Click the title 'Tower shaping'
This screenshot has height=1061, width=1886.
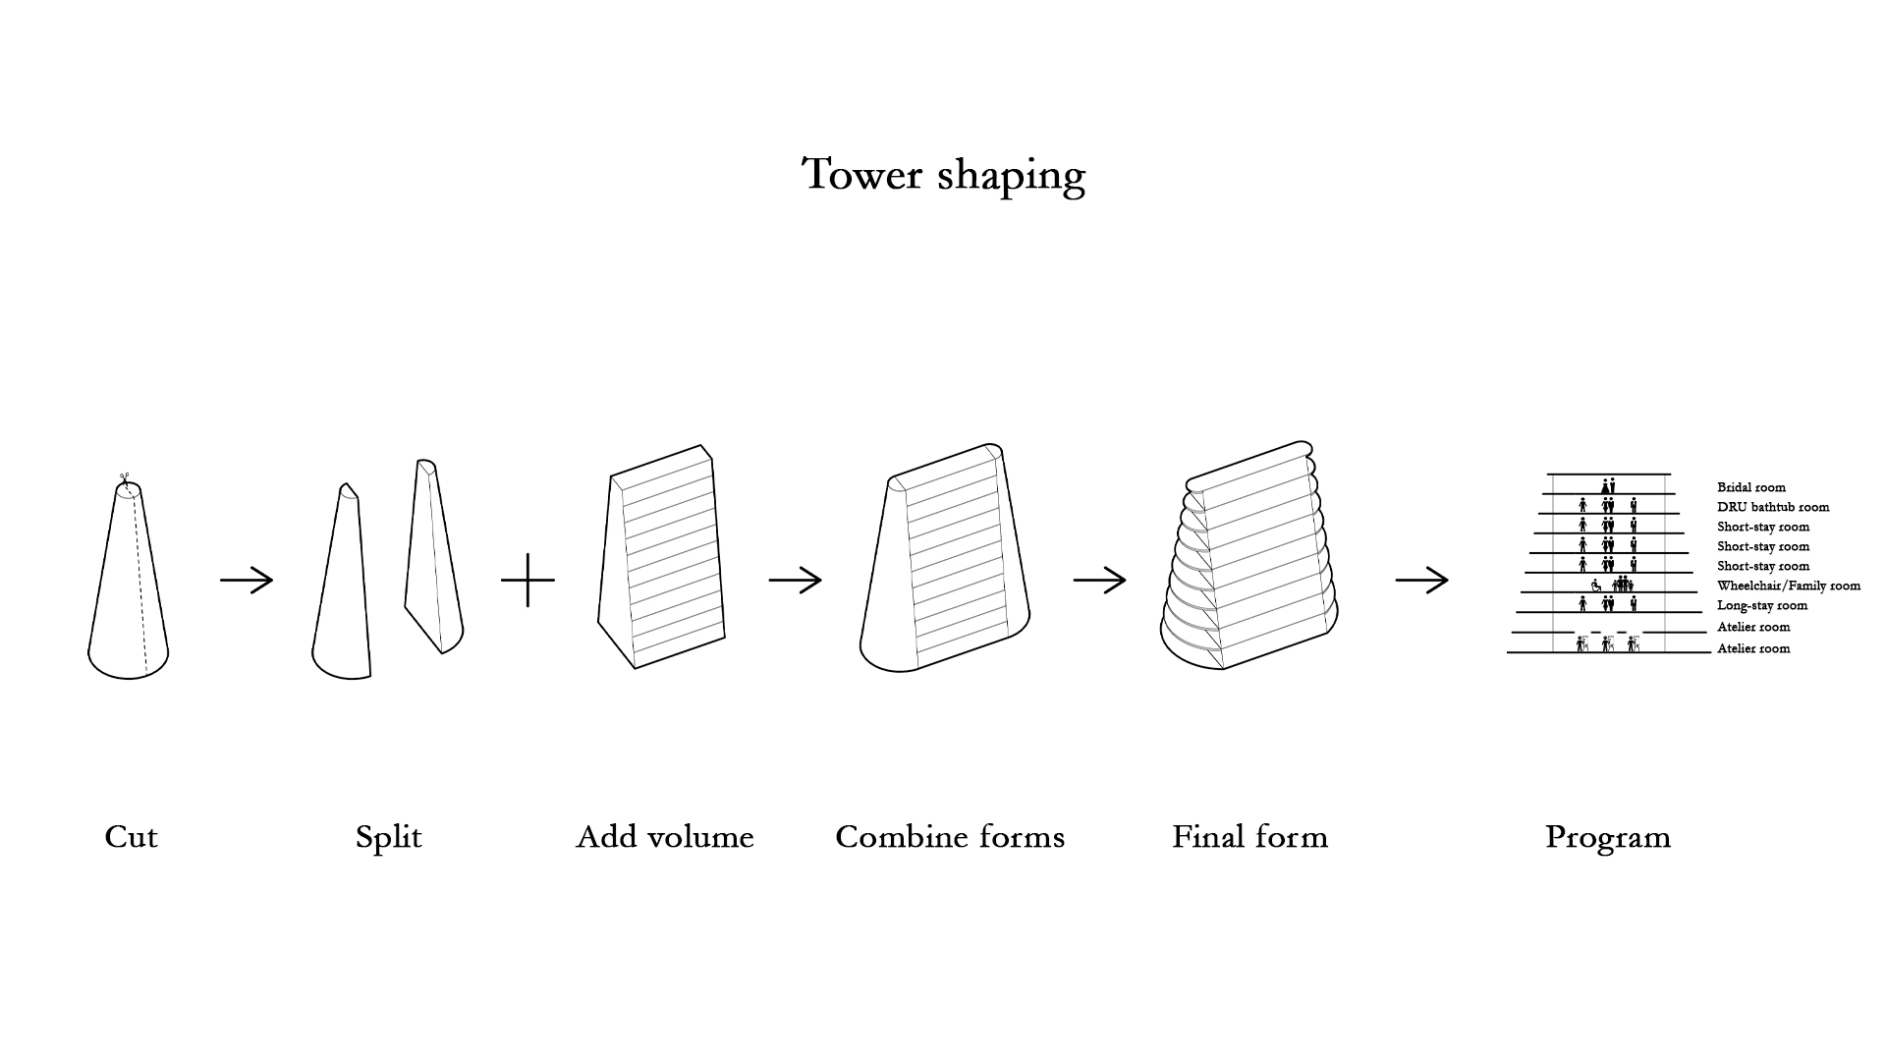(943, 175)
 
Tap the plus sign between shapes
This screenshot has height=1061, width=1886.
(527, 580)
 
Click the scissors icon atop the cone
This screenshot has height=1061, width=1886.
(125, 479)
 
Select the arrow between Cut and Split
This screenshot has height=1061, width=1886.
(247, 581)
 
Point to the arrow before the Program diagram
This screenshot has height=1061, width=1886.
(1421, 581)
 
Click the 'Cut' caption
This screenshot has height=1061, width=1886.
(131, 837)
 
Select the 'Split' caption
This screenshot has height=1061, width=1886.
(388, 837)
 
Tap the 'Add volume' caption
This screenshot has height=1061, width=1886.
(665, 837)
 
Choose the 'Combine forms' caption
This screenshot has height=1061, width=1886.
(950, 837)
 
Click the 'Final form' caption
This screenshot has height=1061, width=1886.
(1249, 837)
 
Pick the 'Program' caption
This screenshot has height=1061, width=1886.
(1607, 837)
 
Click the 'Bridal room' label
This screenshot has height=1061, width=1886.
(1751, 487)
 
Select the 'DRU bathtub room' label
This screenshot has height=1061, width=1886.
(1773, 507)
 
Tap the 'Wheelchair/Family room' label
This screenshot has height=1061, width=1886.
(1789, 586)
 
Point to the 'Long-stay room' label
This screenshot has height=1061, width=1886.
(1762, 605)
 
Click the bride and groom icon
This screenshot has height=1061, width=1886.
(1608, 485)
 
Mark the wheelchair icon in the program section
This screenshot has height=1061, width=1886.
(1596, 586)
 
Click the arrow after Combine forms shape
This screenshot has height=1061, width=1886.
(1099, 581)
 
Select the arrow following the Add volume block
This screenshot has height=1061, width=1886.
(795, 581)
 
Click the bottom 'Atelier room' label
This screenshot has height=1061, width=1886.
(1753, 648)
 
